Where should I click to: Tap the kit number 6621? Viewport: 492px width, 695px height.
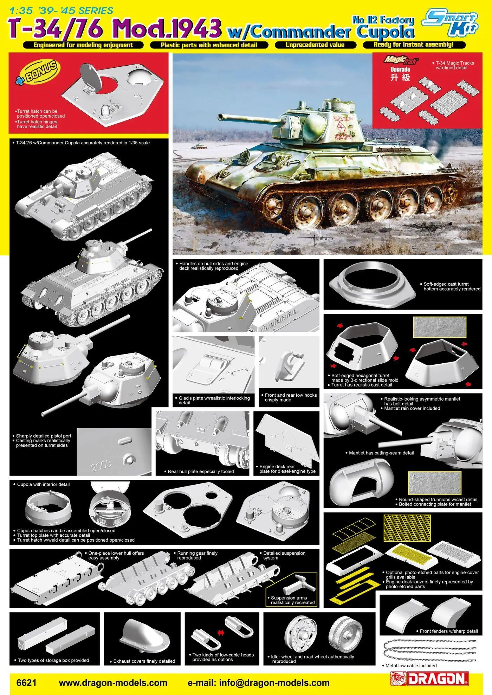tap(26, 683)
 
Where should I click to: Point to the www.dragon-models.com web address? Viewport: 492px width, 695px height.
tap(113, 683)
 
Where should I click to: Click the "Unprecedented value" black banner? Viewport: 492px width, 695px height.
tap(315, 45)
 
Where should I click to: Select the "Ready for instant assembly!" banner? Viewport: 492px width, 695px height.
tap(414, 45)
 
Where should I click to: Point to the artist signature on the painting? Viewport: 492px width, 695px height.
tap(318, 238)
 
